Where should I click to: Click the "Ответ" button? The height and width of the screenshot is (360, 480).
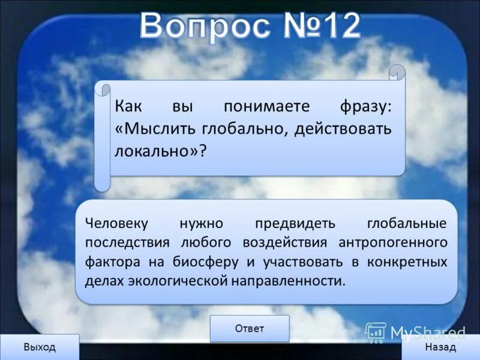click(250, 328)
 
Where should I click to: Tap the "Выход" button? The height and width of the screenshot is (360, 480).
click(39, 347)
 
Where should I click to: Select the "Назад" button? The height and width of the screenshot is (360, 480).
click(440, 347)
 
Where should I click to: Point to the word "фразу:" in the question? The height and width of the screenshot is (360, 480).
click(364, 107)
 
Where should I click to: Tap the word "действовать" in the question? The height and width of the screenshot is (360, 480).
click(343, 128)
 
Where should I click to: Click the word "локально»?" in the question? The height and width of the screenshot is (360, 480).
click(160, 150)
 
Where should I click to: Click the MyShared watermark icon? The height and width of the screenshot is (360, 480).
click(376, 332)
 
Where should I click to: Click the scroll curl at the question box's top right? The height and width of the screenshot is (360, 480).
click(397, 73)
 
